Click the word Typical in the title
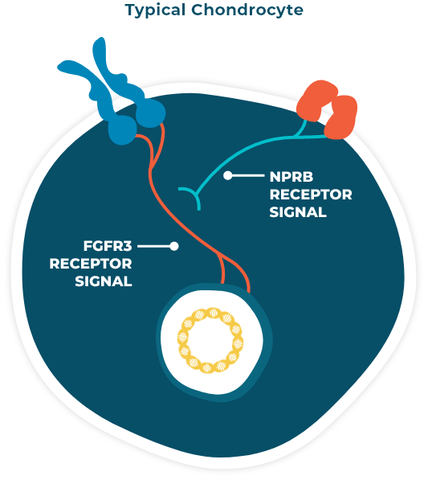[155, 10]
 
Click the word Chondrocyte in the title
[247, 10]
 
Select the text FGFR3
[108, 246]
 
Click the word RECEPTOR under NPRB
[311, 195]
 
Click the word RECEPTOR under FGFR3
[91, 264]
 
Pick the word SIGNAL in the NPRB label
[298, 212]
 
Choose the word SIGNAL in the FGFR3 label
[104, 281]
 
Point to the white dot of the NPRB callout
[228, 176]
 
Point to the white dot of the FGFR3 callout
[174, 246]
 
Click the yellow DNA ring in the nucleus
[210, 310]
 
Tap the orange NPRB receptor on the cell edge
[327, 109]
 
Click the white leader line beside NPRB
[247, 176]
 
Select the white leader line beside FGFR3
[154, 246]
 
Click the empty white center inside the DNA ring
[210, 340]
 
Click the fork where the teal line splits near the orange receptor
[296, 136]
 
